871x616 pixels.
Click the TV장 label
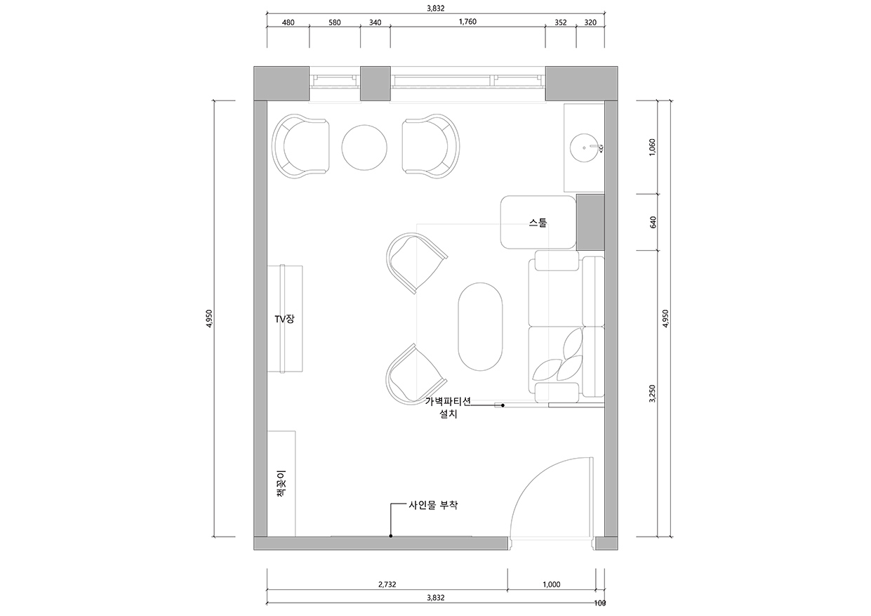click(285, 319)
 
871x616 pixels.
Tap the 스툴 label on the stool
click(538, 223)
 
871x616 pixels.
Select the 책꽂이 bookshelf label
click(280, 483)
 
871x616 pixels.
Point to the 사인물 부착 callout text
click(433, 505)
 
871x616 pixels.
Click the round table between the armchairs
click(364, 148)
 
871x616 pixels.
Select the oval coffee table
click(480, 327)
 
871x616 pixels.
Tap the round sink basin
click(585, 148)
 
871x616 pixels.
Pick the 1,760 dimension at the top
click(467, 22)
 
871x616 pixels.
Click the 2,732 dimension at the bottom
click(387, 584)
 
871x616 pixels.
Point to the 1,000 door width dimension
click(552, 584)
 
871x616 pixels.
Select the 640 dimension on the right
click(653, 222)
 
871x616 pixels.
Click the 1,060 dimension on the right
click(653, 147)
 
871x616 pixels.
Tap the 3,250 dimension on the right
click(653, 393)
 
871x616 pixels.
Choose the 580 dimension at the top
click(334, 22)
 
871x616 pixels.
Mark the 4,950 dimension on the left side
click(209, 319)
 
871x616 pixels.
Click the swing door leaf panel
click(592, 498)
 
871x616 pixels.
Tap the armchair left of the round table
click(300, 146)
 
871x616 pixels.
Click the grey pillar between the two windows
click(375, 84)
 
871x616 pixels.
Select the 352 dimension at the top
click(560, 22)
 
